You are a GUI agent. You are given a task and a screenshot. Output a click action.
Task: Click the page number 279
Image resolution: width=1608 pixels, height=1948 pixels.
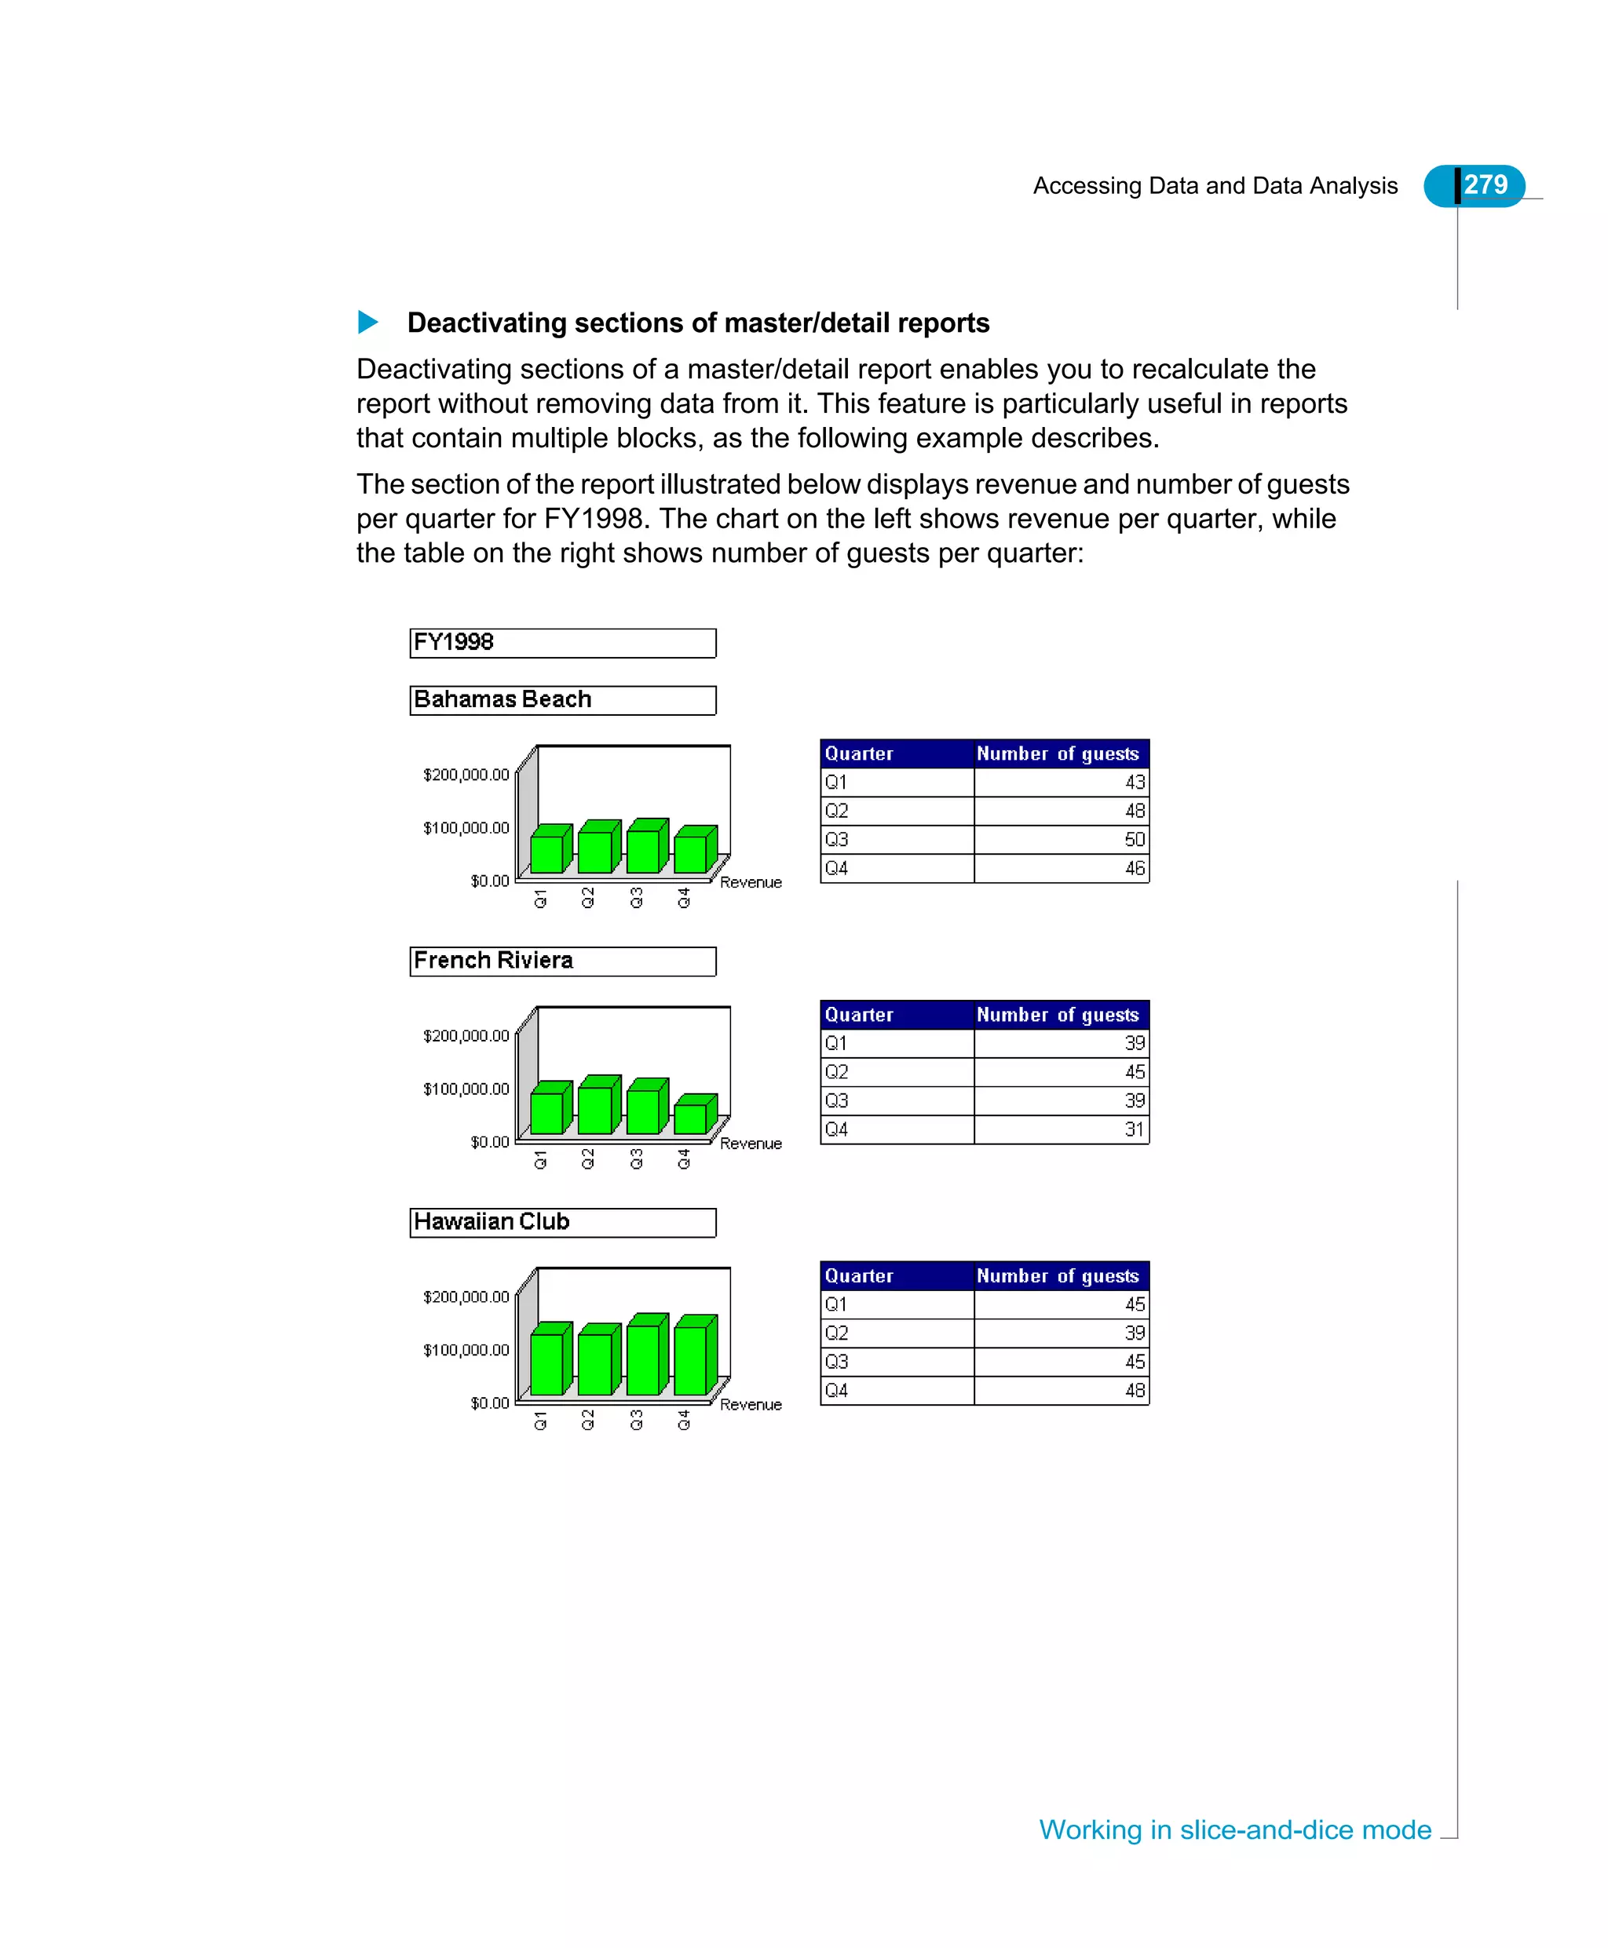1485,185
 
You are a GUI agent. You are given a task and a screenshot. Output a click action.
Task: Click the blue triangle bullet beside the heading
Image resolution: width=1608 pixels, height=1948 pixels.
367,323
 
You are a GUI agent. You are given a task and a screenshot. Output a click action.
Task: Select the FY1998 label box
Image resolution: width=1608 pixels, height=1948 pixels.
562,643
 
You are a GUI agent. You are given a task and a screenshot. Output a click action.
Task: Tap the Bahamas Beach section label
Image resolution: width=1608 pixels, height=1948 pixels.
562,700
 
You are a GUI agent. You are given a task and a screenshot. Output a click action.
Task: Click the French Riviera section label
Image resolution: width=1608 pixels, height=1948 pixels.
562,961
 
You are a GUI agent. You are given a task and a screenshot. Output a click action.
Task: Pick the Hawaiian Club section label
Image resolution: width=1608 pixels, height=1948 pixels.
562,1222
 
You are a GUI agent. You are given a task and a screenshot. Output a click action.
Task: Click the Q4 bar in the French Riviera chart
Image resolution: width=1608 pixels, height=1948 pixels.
690,1118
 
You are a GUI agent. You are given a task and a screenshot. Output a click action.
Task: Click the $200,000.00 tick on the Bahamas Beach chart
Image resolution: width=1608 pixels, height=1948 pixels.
466,775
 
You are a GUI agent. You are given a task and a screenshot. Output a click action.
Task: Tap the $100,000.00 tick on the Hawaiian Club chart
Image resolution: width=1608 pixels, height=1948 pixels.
466,1350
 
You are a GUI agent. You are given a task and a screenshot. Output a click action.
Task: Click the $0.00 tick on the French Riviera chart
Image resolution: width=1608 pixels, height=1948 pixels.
489,1142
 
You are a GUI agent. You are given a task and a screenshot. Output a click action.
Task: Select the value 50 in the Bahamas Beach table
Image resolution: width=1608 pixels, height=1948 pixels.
1134,840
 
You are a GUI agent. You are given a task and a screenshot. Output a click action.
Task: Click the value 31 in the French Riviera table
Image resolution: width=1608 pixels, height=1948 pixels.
1134,1129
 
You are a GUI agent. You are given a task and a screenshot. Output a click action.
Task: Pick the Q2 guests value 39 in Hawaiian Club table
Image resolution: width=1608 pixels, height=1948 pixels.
1134,1333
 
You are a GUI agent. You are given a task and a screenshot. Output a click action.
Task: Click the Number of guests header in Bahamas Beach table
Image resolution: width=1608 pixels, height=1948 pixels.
1057,753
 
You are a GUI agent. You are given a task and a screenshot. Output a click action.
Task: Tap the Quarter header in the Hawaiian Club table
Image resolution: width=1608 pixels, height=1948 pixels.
859,1276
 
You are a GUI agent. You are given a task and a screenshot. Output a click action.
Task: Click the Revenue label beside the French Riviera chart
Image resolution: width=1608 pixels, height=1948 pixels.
751,1144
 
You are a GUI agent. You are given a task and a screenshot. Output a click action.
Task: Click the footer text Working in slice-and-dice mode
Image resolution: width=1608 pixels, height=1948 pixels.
1235,1829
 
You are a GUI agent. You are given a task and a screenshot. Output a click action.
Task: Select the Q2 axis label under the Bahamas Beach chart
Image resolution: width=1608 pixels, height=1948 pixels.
588,898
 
